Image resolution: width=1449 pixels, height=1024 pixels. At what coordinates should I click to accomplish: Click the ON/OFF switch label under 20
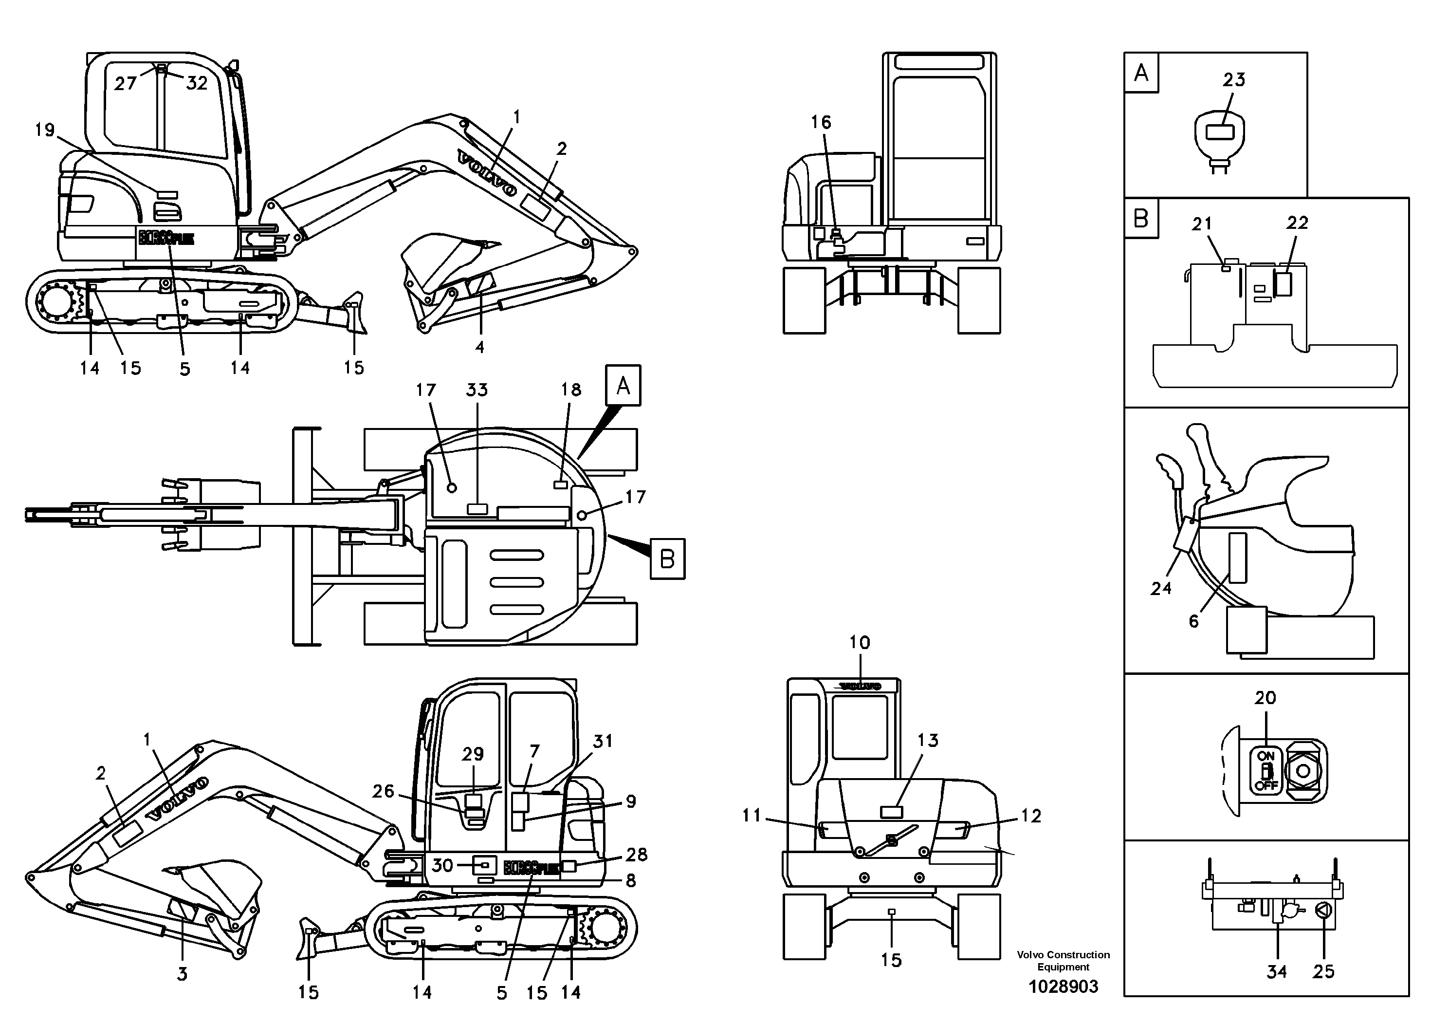[1266, 770]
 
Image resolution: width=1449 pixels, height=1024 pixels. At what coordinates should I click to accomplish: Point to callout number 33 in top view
[477, 390]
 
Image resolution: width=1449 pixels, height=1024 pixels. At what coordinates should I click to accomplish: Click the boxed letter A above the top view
[623, 385]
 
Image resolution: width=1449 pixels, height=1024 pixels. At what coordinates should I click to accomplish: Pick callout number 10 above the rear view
[860, 643]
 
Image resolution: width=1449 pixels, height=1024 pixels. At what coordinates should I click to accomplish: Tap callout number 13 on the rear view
[928, 740]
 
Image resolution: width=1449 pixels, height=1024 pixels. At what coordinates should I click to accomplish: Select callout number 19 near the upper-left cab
[45, 130]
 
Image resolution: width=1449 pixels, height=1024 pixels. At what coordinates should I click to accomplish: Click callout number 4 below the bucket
[479, 347]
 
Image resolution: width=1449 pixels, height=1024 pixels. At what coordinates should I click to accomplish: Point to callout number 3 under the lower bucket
[182, 974]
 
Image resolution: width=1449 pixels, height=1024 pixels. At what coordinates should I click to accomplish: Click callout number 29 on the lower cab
[473, 754]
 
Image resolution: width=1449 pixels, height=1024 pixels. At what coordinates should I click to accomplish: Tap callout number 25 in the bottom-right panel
[1323, 971]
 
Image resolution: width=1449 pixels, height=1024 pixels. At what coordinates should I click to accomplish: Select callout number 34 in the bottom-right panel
[1277, 971]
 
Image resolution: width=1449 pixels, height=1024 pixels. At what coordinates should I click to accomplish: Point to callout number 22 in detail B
[1298, 223]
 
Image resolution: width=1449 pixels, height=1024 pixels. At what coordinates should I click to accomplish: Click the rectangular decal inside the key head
[1219, 132]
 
